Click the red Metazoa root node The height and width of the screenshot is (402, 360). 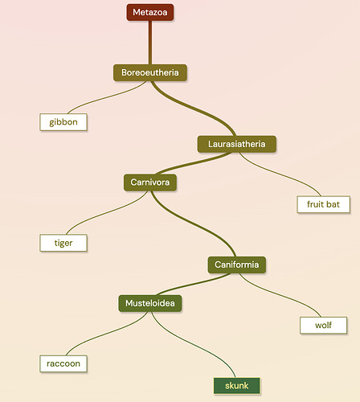[150, 12]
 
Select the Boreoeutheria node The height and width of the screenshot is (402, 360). [150, 72]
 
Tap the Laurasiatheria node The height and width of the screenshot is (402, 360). [237, 144]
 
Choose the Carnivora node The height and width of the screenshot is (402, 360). [150, 183]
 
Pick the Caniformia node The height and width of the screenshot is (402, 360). [237, 265]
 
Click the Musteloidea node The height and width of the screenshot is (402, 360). [150, 303]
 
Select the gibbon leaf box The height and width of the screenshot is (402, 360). [63, 122]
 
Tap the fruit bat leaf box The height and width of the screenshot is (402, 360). [323, 204]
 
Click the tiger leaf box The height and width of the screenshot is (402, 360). [63, 243]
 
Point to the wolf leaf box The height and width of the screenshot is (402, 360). [323, 326]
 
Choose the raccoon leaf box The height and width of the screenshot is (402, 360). [63, 363]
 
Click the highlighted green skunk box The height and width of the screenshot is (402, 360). [237, 386]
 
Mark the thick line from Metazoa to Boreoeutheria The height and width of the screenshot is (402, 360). [150, 43]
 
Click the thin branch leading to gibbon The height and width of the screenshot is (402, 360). [107, 97]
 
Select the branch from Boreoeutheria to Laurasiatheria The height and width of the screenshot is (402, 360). [194, 108]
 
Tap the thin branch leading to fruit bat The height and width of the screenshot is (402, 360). [280, 174]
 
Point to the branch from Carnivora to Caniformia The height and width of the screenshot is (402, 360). [194, 223]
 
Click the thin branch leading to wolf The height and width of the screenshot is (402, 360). [280, 295]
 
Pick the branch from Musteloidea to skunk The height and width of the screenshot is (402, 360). [194, 344]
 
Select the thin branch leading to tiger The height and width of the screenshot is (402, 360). [107, 212]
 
